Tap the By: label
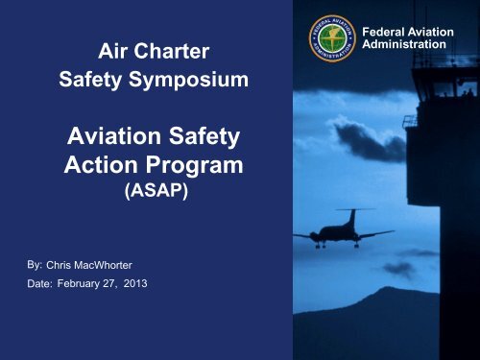click(33, 262)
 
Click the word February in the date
click(86, 283)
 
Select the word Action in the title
click(101, 164)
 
